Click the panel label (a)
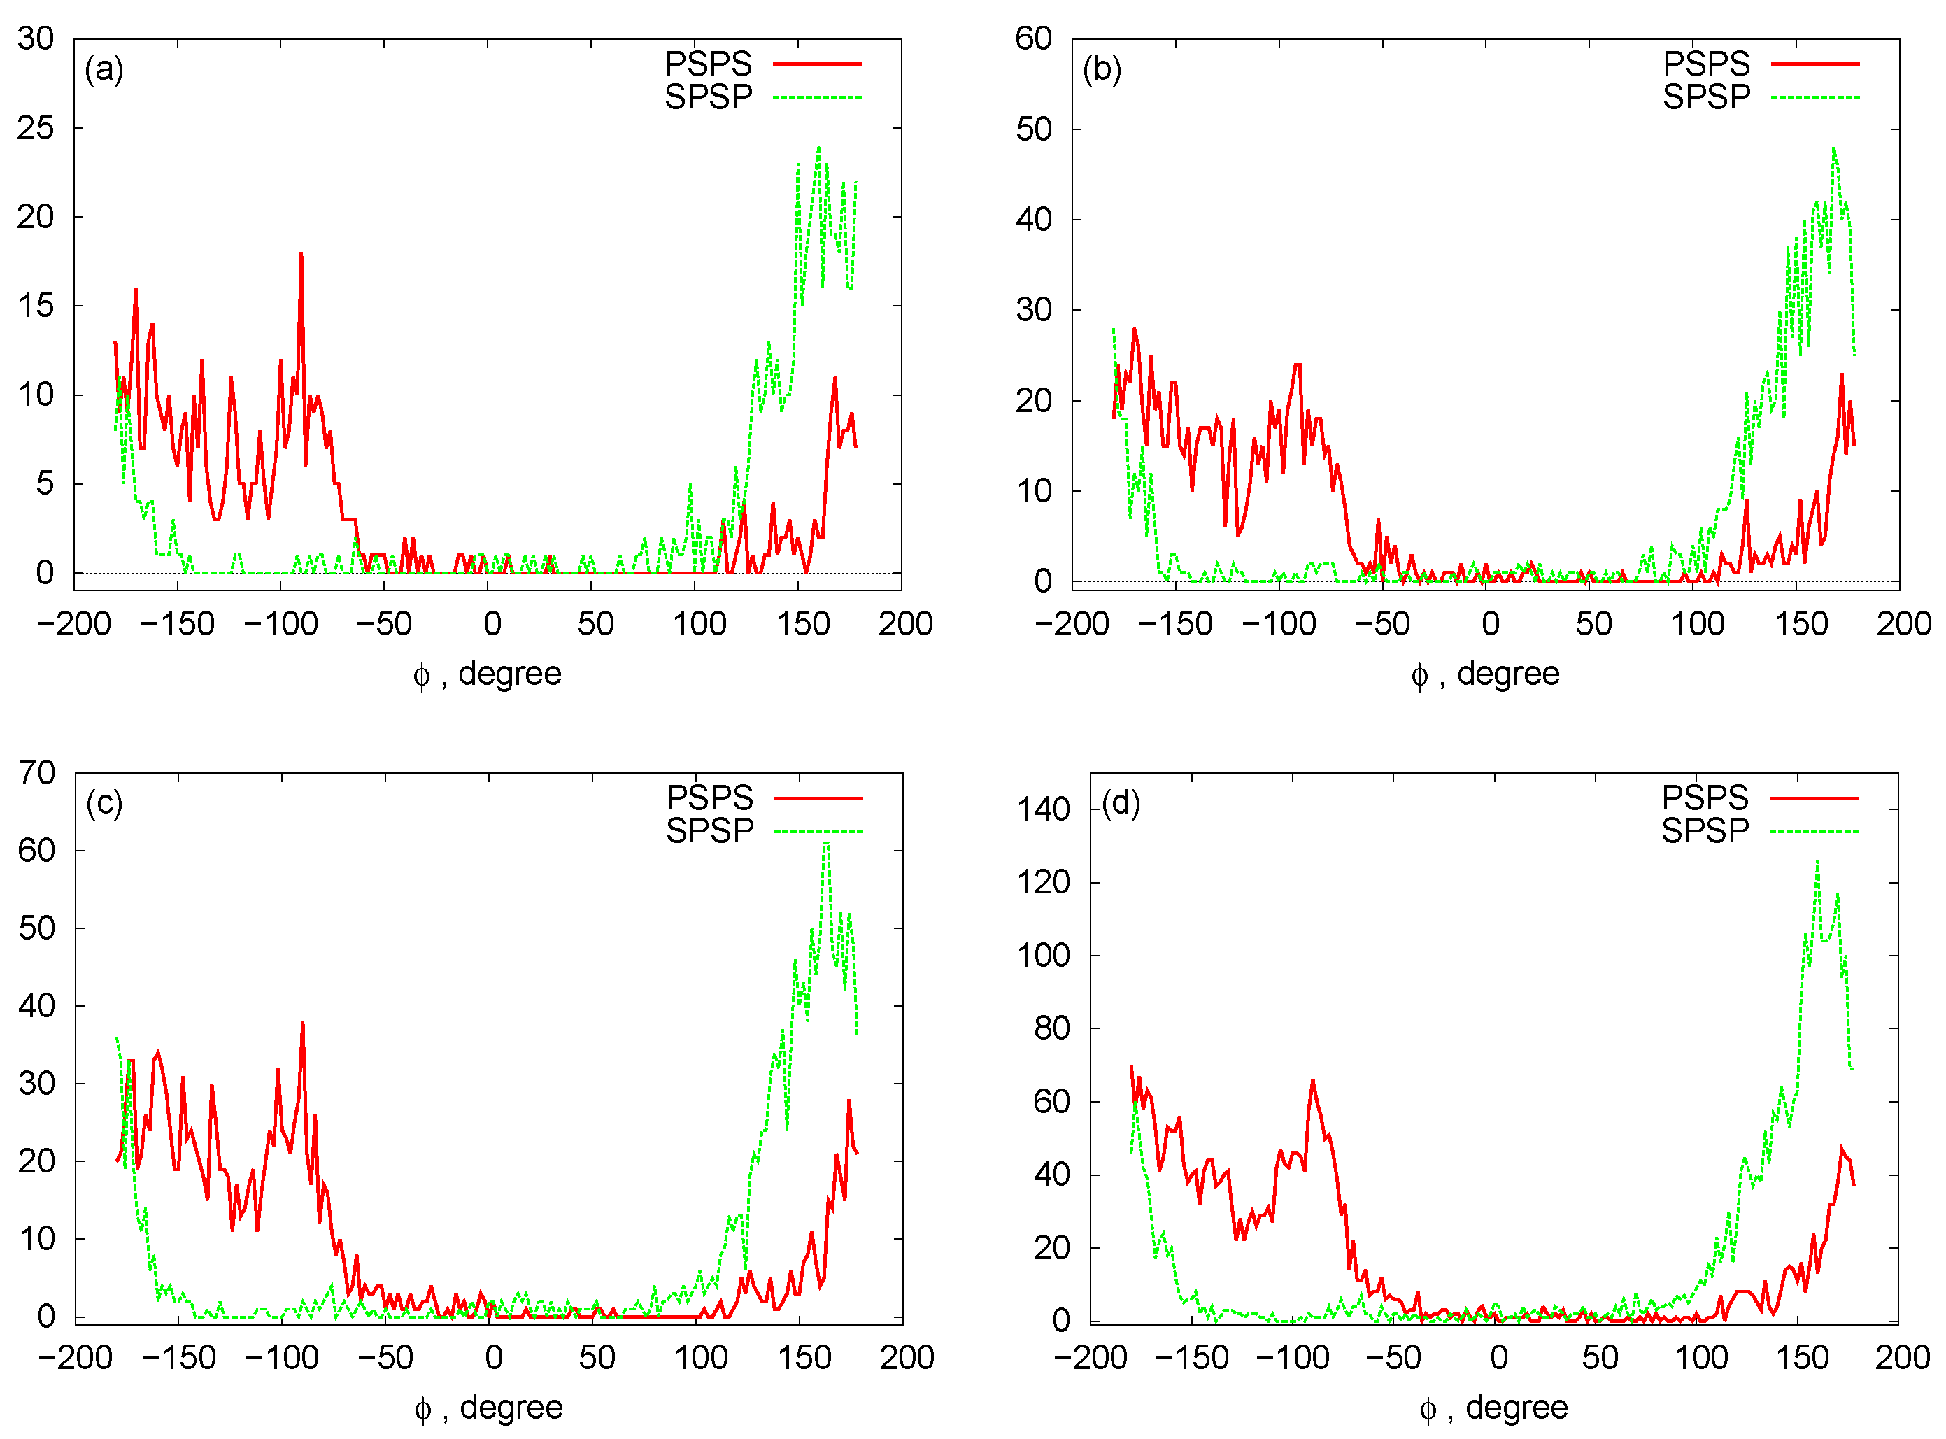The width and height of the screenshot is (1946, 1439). tap(104, 69)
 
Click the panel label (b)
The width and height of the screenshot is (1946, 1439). tap(1102, 69)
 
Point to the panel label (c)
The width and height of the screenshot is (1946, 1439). tap(104, 802)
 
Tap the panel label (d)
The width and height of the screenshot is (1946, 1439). tap(1121, 802)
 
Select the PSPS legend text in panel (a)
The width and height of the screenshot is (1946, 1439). tap(708, 64)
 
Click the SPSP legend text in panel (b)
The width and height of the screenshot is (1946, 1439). tap(1707, 97)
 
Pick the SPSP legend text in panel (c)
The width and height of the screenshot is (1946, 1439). tap(710, 831)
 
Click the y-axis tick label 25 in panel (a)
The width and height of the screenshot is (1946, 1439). tap(36, 128)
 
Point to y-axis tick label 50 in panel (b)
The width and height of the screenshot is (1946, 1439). tap(1034, 129)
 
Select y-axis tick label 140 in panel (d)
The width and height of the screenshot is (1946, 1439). tap(1044, 809)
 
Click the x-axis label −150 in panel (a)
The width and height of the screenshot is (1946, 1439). tap(178, 624)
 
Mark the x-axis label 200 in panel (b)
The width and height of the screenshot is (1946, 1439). tap(1904, 624)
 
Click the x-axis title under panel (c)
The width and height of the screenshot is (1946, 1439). tap(489, 1408)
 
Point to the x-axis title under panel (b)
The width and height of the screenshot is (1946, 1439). tap(1486, 674)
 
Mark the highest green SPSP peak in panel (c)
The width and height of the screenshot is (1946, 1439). tap(827, 842)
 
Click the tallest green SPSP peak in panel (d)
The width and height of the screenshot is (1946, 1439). tap(1818, 863)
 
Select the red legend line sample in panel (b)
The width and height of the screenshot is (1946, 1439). tap(1815, 64)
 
